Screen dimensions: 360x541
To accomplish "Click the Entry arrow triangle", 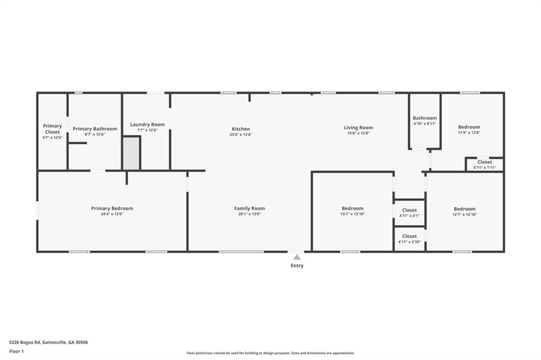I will click(x=297, y=257).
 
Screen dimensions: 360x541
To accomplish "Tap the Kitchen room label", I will click(x=241, y=129).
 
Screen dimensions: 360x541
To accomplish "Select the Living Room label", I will click(x=358, y=127).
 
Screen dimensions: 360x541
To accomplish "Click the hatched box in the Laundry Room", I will click(x=132, y=153).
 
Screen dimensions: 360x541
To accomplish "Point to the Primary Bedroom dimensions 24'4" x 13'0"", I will click(x=112, y=214).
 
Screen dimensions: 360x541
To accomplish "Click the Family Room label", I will click(x=249, y=208).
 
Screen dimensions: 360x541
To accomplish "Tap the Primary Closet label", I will click(x=52, y=129).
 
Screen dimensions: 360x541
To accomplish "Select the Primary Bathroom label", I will click(x=95, y=129).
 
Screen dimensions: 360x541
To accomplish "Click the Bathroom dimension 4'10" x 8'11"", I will click(x=425, y=124).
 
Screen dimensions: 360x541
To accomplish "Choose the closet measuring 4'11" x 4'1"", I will click(x=409, y=213).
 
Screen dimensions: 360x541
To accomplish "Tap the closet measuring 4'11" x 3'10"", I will click(x=409, y=239).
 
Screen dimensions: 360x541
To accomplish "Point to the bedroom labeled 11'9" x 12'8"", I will click(x=469, y=130).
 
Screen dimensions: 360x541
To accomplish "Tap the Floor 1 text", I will click(x=16, y=351).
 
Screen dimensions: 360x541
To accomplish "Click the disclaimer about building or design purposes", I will click(x=270, y=353).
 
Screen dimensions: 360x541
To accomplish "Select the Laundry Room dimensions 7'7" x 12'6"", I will click(x=147, y=130).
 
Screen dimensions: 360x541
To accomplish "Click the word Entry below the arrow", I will click(x=297, y=266).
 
